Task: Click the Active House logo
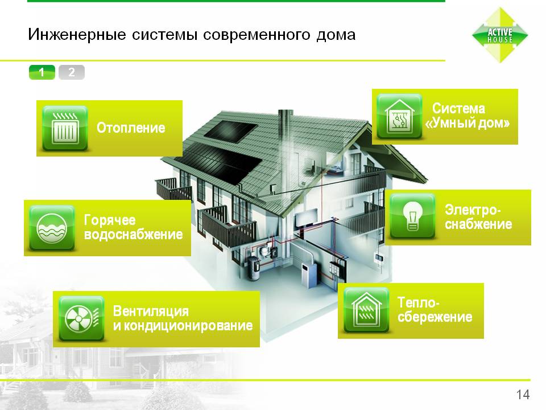[x=500, y=35]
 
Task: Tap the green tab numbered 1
[x=42, y=72]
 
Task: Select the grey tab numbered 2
[x=72, y=72]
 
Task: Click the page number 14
[x=523, y=395]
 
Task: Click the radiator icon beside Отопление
[x=65, y=128]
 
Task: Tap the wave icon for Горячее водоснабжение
[x=52, y=228]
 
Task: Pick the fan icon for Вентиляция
[x=81, y=318]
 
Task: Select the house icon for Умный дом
[x=399, y=116]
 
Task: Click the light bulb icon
[x=412, y=216]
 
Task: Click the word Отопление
[x=131, y=128]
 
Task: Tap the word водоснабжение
[x=133, y=235]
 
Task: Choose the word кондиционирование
[x=188, y=326]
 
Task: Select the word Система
[x=458, y=108]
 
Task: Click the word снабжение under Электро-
[x=478, y=224]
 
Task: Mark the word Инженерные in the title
[x=77, y=35]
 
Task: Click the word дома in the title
[x=336, y=35]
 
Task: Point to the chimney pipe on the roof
[x=285, y=140]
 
